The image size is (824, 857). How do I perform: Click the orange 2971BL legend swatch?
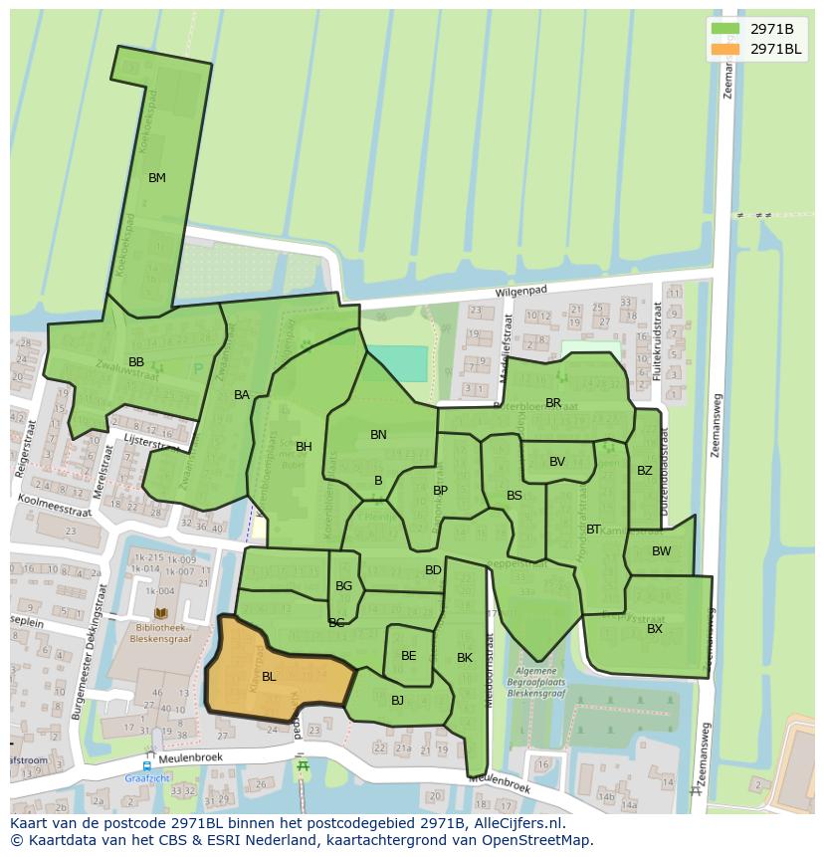(x=726, y=49)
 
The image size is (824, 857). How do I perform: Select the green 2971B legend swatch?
(x=726, y=28)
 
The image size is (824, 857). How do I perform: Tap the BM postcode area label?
(x=156, y=178)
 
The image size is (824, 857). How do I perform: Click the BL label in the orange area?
(x=269, y=677)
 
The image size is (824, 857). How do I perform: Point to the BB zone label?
(x=136, y=361)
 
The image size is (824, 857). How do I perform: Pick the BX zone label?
(x=655, y=629)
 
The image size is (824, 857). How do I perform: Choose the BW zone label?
(x=661, y=551)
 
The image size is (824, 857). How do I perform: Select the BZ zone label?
(x=645, y=471)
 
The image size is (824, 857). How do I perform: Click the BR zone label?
(x=553, y=403)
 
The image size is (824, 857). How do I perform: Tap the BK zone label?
(x=465, y=658)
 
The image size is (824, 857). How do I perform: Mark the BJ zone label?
(x=397, y=701)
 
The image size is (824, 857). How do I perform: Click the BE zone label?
(x=408, y=656)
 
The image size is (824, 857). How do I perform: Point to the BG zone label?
(x=343, y=586)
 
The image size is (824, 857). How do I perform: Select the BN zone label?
(x=378, y=435)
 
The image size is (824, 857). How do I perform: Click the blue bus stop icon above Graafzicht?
(x=146, y=766)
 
